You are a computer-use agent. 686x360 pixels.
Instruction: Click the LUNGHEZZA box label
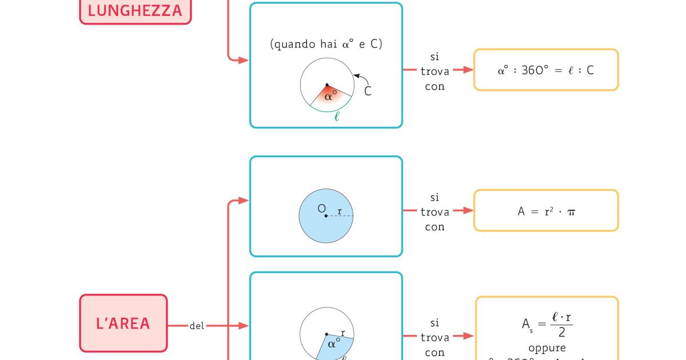135,10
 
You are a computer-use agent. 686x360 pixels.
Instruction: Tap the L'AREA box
123,323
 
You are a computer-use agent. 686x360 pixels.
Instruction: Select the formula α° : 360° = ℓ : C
546,70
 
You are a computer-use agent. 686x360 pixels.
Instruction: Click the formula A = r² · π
546,211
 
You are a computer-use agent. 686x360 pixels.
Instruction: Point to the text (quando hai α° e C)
326,44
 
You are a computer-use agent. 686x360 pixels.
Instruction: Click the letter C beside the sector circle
368,91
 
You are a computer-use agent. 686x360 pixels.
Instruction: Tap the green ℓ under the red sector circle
337,118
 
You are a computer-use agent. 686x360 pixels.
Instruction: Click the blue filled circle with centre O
326,216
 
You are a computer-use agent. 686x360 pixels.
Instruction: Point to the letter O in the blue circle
321,209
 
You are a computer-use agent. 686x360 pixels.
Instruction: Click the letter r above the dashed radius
340,211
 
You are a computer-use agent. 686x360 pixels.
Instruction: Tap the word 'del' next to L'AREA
197,326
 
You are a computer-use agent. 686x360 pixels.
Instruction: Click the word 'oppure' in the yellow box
547,347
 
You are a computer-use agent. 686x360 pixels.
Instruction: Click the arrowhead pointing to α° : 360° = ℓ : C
468,70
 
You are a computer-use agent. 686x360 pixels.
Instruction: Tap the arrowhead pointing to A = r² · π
468,210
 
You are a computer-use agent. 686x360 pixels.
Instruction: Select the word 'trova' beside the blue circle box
435,212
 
